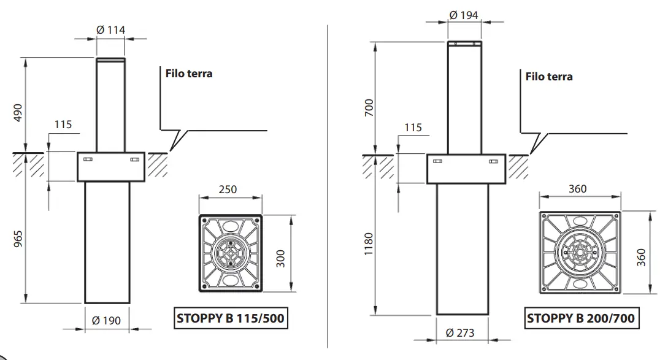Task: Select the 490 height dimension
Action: tap(18, 113)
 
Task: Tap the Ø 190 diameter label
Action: tap(107, 320)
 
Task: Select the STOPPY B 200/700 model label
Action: tap(580, 318)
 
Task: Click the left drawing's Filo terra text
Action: tap(189, 73)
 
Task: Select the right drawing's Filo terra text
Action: tap(549, 77)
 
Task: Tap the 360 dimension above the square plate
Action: tap(577, 188)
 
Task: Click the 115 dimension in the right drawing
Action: tap(413, 128)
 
